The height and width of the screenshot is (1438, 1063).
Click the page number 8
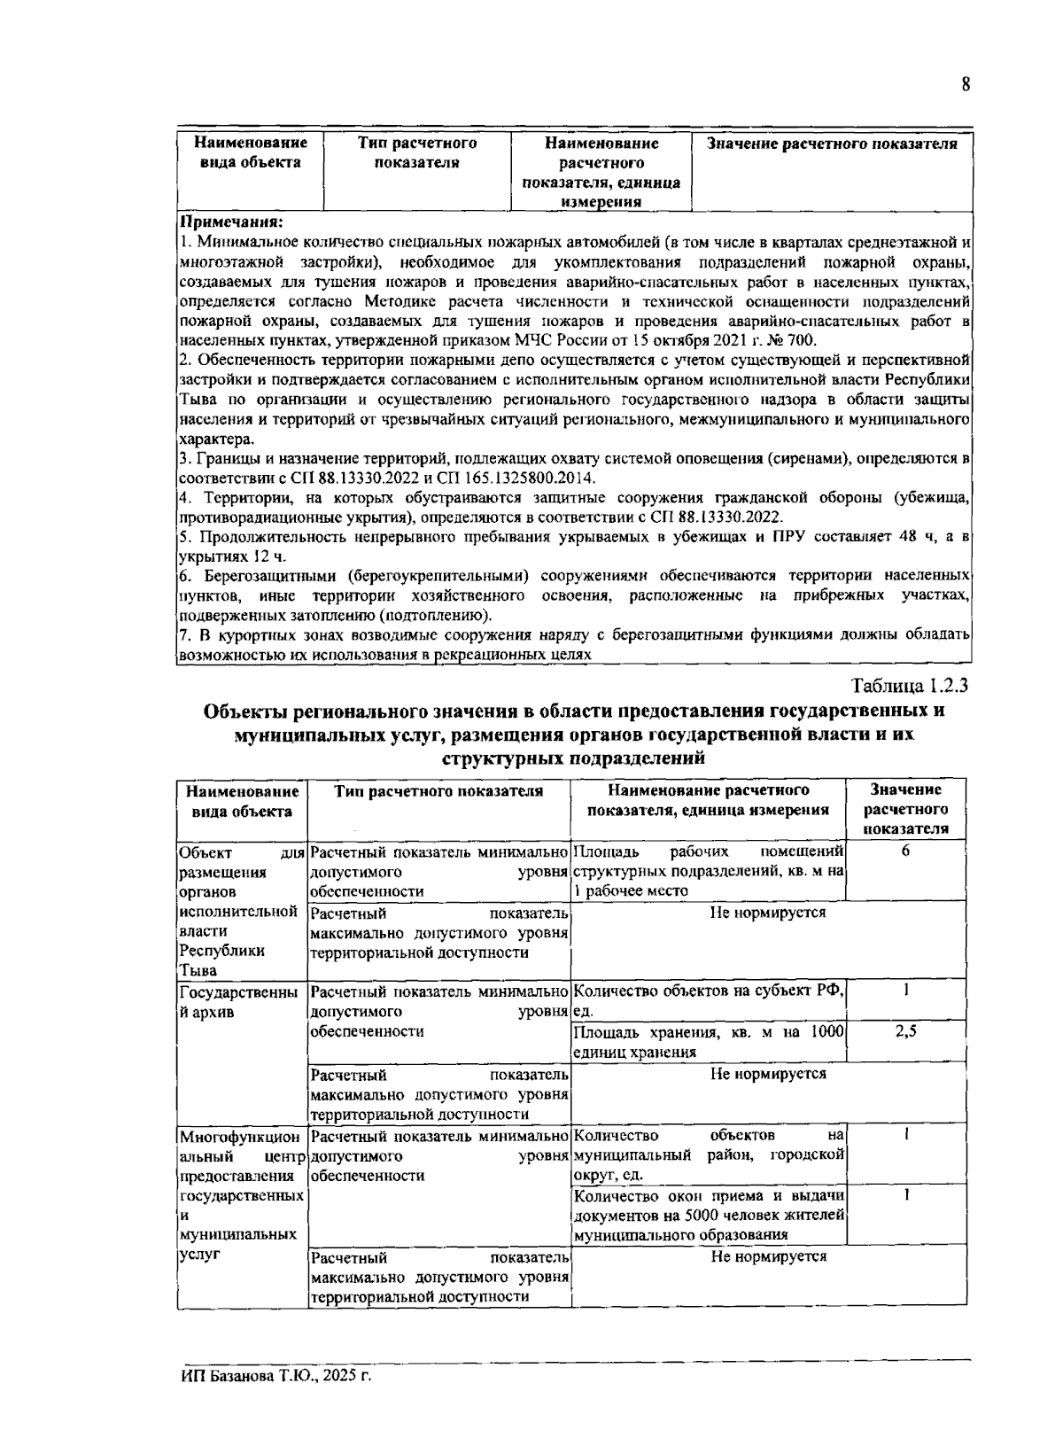point(966,85)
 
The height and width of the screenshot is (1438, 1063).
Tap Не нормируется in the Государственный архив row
point(768,1074)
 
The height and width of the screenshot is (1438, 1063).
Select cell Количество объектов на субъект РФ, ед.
point(708,1001)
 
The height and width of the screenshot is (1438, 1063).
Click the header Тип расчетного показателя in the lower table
point(438,791)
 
